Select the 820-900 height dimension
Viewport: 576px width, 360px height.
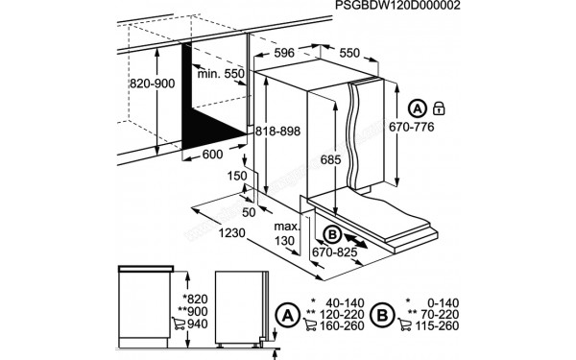coord(154,84)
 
